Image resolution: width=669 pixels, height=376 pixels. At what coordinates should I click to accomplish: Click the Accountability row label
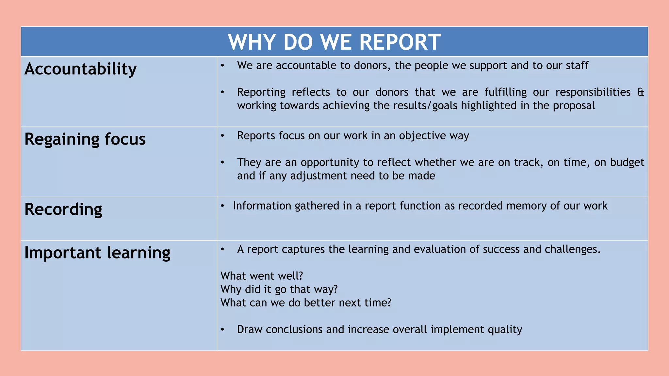80,69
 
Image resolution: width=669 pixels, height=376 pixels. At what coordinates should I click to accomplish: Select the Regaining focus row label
85,139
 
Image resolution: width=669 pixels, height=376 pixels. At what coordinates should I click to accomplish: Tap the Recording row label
63,210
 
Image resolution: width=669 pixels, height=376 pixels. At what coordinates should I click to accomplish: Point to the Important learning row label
97,253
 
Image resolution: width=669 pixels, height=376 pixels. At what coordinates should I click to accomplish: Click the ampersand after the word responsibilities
641,92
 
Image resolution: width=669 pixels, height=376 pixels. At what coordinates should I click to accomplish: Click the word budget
627,163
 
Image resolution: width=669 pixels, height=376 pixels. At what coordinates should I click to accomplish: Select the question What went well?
262,276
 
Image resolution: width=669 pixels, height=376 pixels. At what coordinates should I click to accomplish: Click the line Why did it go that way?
279,290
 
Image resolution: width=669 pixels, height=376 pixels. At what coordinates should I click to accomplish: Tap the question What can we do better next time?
306,303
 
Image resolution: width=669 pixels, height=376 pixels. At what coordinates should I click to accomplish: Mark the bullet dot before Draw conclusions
222,330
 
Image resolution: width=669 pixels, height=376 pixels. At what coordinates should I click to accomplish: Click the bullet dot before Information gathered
222,206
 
